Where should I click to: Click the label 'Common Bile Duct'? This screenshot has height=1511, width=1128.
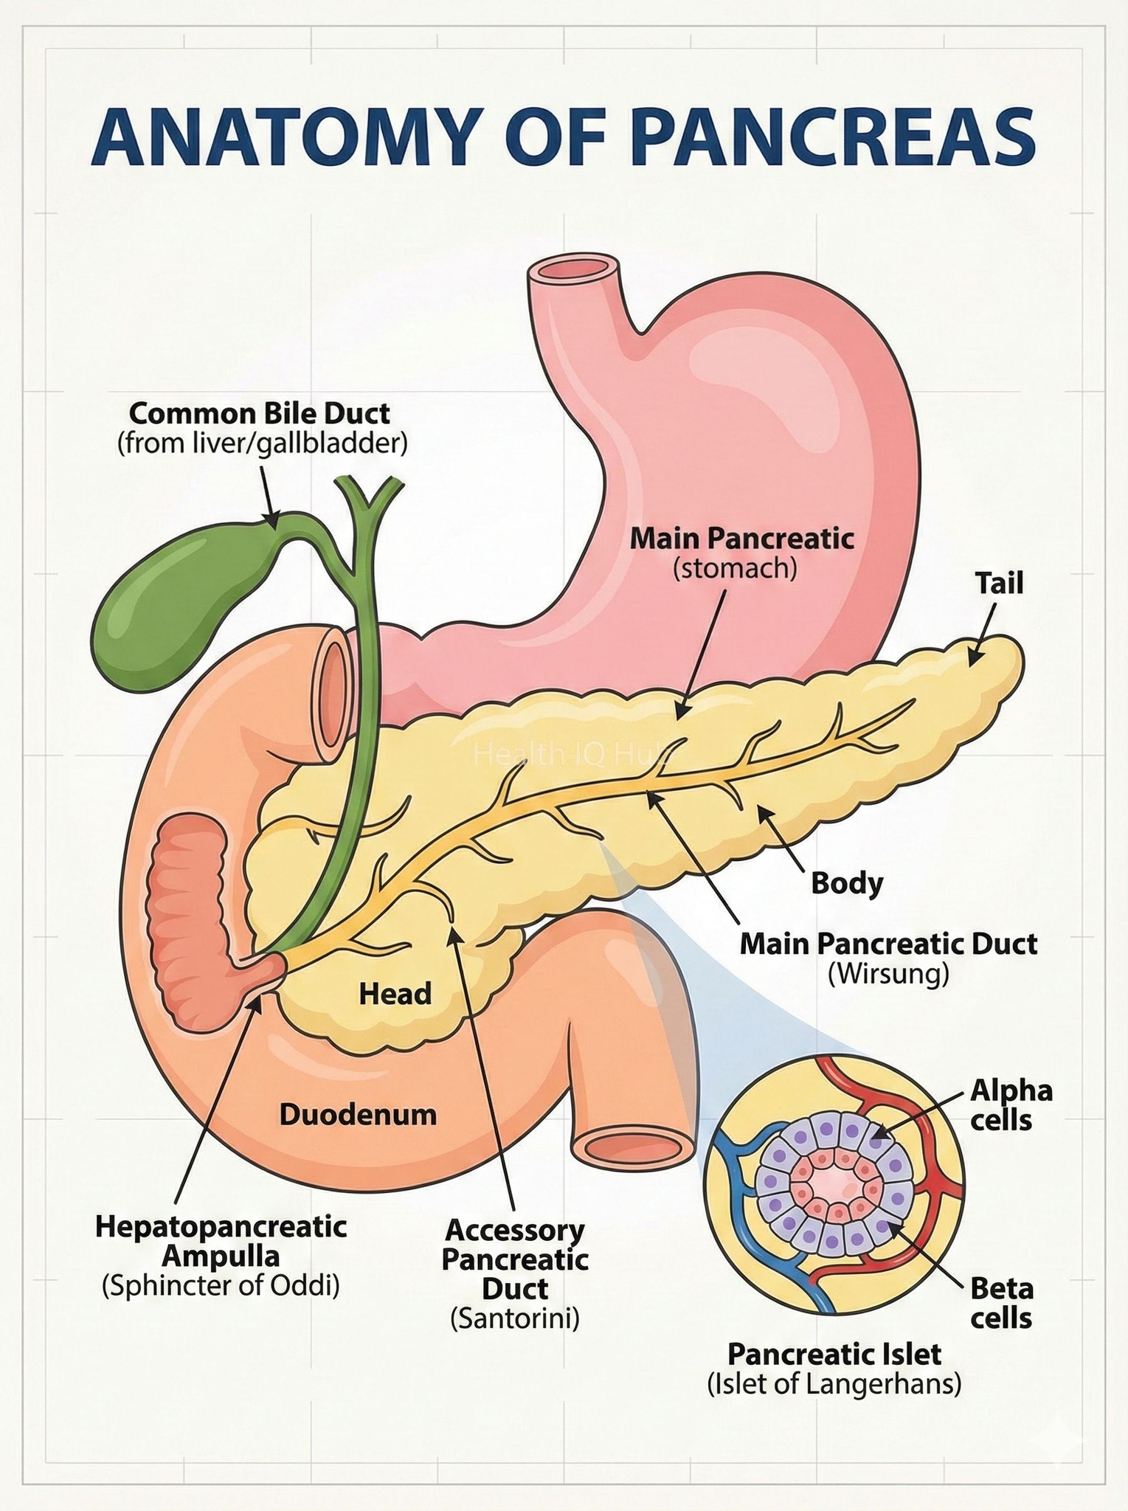point(260,412)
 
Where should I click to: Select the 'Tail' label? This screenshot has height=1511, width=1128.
point(1000,584)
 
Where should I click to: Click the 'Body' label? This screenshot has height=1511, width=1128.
point(847,882)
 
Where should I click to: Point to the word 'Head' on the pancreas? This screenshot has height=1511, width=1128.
point(395,994)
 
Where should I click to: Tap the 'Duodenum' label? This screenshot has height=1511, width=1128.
point(358,1114)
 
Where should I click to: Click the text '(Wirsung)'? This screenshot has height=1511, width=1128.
point(887,975)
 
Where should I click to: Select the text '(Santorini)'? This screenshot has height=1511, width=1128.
point(515,1318)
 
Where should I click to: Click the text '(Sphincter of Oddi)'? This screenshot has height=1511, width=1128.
point(221,1286)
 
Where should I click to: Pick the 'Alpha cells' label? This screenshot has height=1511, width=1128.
point(1011,1104)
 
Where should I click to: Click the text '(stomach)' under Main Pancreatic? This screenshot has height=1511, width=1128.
point(735,569)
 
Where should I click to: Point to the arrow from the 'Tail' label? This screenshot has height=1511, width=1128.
point(981,635)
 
